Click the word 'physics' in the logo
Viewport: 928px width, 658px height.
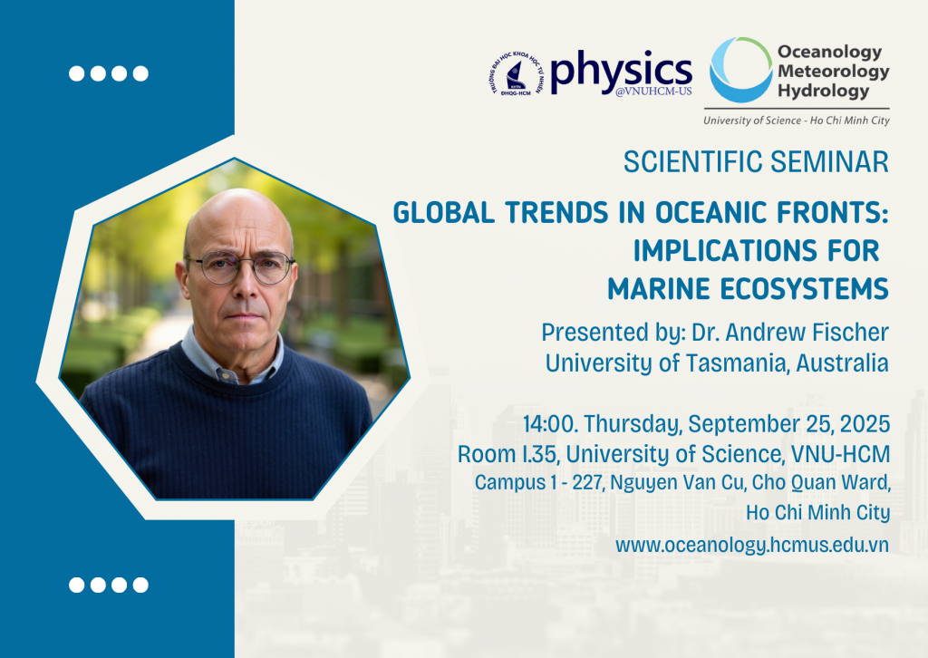(x=621, y=72)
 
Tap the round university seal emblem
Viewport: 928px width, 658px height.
(x=517, y=74)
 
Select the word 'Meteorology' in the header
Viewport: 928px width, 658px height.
(x=834, y=72)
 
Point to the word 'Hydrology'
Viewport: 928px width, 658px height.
(x=823, y=92)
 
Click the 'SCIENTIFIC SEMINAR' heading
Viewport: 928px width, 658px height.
(x=756, y=162)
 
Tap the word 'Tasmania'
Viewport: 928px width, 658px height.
(x=737, y=363)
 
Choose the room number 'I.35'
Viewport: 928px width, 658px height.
(x=540, y=454)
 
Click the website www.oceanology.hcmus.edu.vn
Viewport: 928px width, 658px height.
(x=752, y=545)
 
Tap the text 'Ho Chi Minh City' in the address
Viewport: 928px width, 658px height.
(x=818, y=512)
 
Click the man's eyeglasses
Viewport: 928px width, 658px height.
(x=239, y=266)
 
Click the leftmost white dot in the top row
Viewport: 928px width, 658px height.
(x=76, y=73)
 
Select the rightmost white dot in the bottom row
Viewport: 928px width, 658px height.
(x=140, y=585)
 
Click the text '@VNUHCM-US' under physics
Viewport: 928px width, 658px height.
(x=653, y=92)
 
